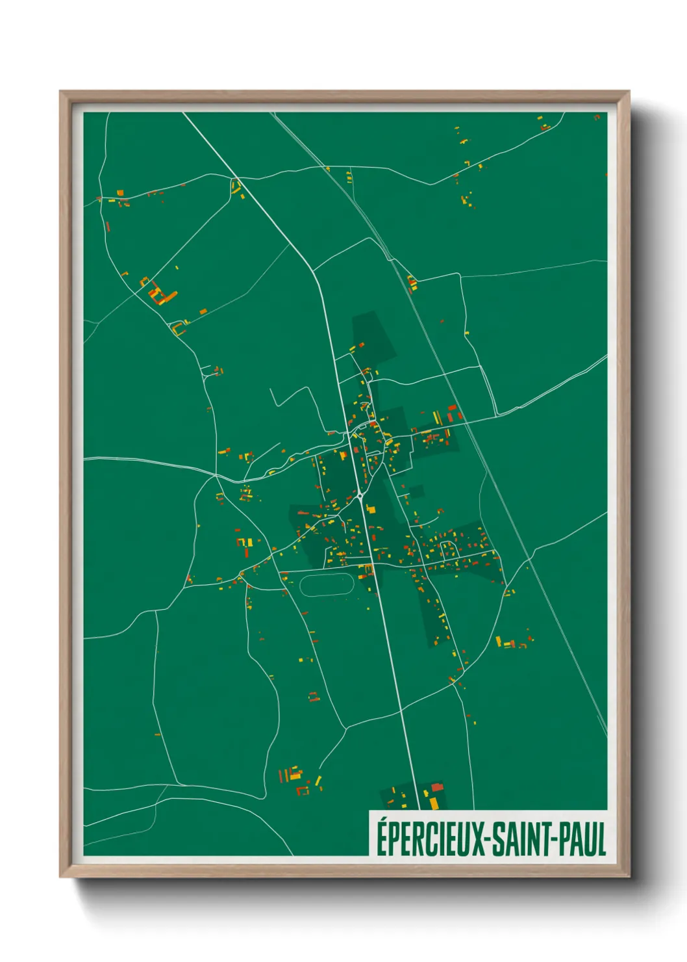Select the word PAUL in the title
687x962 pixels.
click(583, 838)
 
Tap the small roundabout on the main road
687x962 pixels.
click(360, 497)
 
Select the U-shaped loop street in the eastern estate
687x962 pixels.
click(448, 549)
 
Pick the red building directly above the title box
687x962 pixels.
click(437, 788)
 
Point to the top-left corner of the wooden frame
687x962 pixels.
click(61, 92)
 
